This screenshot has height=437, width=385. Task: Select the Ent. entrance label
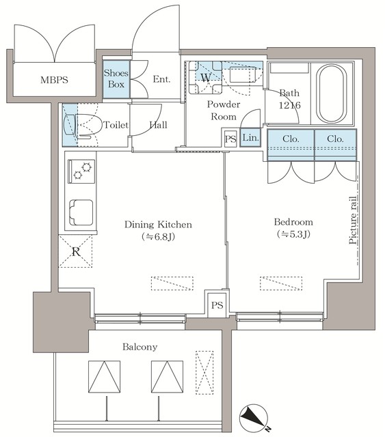click(x=161, y=79)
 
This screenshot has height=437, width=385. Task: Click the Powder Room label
click(x=223, y=110)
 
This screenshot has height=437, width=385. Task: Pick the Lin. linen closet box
click(x=250, y=138)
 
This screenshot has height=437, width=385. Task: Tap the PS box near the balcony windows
click(x=217, y=304)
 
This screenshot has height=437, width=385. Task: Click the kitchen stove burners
click(x=81, y=170)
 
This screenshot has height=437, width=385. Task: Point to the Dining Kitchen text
click(x=157, y=224)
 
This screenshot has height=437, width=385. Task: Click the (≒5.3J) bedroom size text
click(x=293, y=236)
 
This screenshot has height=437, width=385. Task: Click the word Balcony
click(x=140, y=347)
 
